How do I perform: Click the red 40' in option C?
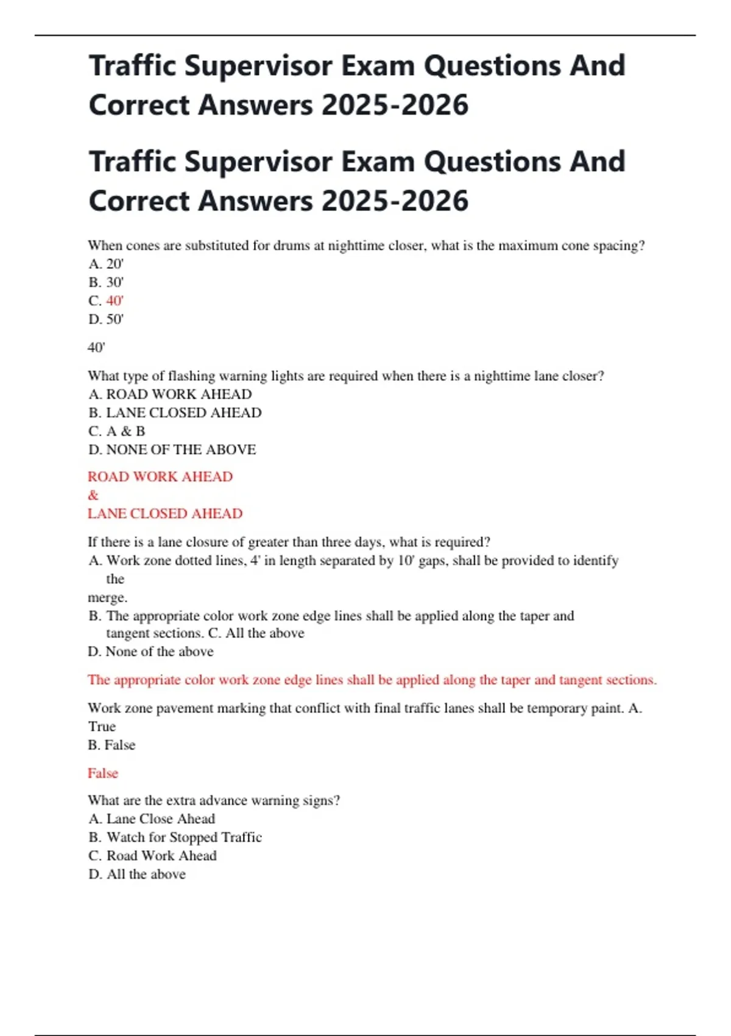click(x=115, y=300)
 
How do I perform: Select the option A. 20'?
click(x=106, y=264)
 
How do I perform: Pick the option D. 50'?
click(x=106, y=319)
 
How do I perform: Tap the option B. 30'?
click(x=106, y=282)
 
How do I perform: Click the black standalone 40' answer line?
click(x=96, y=347)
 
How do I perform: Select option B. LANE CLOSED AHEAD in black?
click(x=175, y=413)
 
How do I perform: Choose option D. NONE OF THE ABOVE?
click(x=172, y=449)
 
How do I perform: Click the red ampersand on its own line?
click(x=93, y=495)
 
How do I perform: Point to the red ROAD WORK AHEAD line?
click(x=160, y=477)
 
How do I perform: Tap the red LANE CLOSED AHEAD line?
click(x=165, y=513)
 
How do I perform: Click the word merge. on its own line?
click(x=107, y=597)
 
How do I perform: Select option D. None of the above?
click(x=150, y=651)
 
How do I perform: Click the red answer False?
click(x=103, y=773)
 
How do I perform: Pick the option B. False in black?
click(x=111, y=745)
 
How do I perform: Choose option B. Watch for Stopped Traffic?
click(x=175, y=837)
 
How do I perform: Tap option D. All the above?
click(x=137, y=874)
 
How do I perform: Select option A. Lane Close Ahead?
click(x=152, y=818)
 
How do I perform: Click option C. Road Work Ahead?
click(x=152, y=856)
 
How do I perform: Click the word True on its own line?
click(x=102, y=726)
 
